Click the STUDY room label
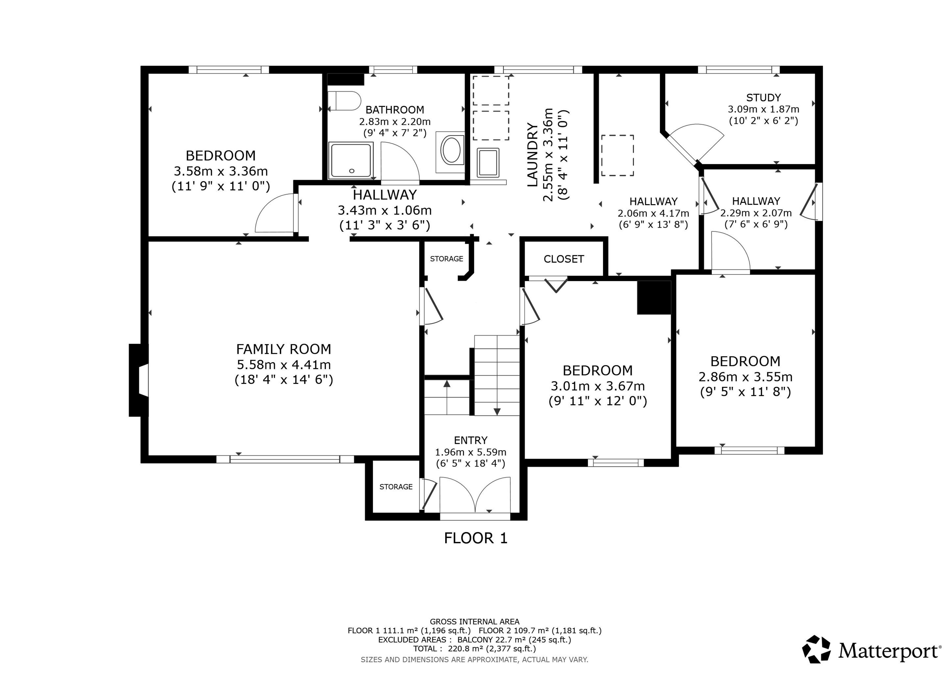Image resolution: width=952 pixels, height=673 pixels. point(763,98)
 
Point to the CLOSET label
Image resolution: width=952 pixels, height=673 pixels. point(564,259)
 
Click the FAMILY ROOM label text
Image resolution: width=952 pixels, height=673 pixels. point(284,349)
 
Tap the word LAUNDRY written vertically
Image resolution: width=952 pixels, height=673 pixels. point(532,155)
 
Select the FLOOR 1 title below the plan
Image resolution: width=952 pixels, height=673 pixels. point(476,538)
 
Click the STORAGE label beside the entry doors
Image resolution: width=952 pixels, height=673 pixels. point(396,487)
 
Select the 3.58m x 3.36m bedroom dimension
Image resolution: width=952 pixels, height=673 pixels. point(221,171)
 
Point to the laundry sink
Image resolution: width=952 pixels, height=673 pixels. point(488,163)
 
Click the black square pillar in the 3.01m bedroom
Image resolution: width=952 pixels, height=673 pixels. point(654,298)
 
